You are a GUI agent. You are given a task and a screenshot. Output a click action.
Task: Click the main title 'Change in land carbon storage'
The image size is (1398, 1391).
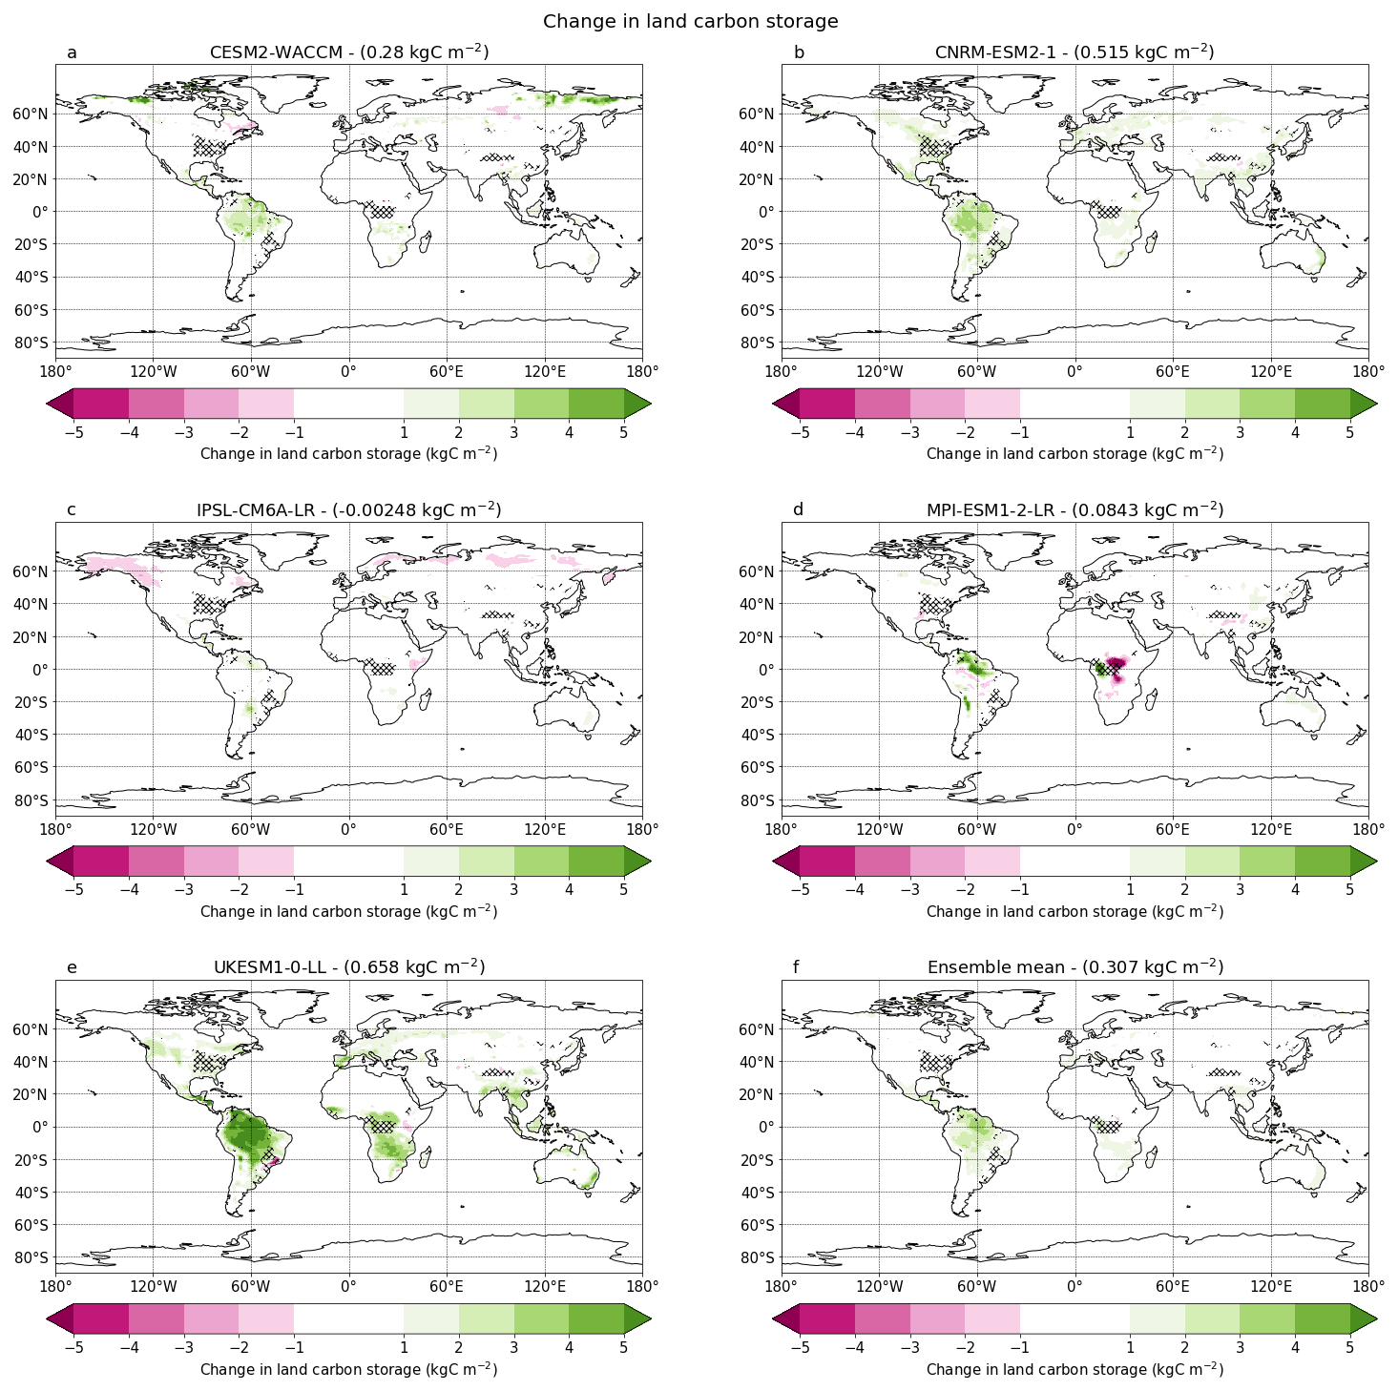pos(690,21)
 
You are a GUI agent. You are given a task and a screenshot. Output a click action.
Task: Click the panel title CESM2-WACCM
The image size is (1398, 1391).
pos(348,52)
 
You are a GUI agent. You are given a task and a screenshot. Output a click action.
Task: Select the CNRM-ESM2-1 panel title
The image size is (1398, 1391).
pos(1075,52)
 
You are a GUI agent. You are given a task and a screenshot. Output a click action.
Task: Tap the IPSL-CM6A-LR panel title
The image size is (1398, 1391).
pos(348,509)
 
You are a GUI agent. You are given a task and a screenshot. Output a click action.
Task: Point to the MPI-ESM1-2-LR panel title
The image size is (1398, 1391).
pos(1075,509)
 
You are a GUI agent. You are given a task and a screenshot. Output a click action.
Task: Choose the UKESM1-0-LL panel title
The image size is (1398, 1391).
pos(348,967)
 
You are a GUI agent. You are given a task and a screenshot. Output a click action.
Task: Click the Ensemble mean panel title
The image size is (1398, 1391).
pos(1075,967)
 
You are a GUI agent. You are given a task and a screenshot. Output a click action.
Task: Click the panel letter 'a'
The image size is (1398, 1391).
pos(72,52)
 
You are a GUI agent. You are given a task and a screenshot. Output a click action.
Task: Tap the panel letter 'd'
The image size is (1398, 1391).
pos(798,510)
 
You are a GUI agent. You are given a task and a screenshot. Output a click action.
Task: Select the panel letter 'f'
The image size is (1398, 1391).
pos(798,968)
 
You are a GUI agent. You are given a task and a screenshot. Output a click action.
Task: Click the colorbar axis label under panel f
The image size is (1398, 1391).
pos(1075,1369)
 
